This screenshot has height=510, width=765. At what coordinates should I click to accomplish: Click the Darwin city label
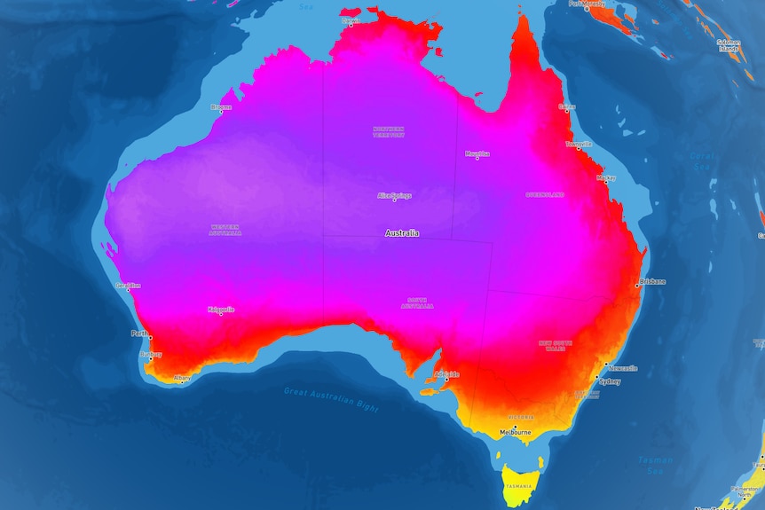[351, 19]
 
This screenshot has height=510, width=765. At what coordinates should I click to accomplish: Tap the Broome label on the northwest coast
[221, 107]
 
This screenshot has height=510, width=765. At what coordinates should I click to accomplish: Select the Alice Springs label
[395, 195]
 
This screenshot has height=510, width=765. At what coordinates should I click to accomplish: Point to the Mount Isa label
[477, 153]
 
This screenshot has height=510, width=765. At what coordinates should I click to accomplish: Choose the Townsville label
[579, 143]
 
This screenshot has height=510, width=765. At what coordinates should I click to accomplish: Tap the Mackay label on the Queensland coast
[606, 177]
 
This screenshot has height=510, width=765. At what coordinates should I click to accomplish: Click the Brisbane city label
[652, 283]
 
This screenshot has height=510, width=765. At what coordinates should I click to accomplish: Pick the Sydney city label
[610, 381]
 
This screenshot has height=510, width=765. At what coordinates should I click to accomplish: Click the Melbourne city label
[515, 432]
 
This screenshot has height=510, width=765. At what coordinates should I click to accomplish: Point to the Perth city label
[139, 333]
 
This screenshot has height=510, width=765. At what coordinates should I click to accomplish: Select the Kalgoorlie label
[221, 310]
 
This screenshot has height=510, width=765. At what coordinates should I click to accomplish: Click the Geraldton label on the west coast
[128, 286]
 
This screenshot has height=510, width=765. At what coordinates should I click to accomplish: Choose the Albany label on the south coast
[182, 378]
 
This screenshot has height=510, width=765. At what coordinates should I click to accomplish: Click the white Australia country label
[401, 233]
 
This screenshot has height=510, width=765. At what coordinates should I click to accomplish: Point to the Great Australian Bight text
[331, 400]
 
